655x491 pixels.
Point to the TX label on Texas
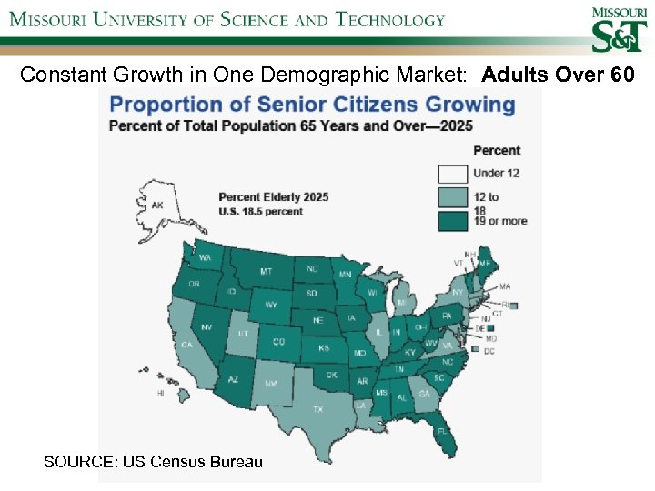point(318,410)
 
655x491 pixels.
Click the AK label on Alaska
point(157,206)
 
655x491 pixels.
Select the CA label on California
point(187,345)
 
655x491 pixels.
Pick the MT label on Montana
point(266,271)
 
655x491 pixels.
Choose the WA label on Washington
point(205,258)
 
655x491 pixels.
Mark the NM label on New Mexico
point(271,384)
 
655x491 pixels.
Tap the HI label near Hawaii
point(161,393)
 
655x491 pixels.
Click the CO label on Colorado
point(279,342)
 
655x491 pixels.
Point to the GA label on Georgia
point(424,394)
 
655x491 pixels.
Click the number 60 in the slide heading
point(623,75)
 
